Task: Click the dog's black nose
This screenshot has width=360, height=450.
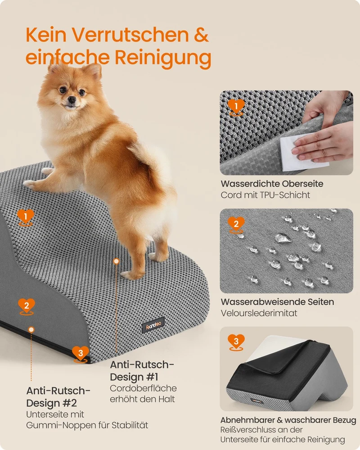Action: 72,99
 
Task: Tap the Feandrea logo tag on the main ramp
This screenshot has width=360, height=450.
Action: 153,325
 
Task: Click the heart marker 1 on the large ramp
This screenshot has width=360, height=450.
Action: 26,217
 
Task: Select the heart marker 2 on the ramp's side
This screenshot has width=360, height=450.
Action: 27,306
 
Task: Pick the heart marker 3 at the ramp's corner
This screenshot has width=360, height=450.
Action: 81,354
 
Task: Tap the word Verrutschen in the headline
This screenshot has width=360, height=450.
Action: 130,35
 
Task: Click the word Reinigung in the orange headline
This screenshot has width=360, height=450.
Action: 163,58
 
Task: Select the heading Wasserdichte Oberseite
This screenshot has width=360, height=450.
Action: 272,184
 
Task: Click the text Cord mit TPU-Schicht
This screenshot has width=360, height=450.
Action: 265,195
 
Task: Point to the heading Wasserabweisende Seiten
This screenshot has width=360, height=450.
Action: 277,302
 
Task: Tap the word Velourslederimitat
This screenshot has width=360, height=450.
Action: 259,313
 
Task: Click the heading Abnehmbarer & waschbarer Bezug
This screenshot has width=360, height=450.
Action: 288,420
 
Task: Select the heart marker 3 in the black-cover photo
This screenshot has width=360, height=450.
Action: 236,342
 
